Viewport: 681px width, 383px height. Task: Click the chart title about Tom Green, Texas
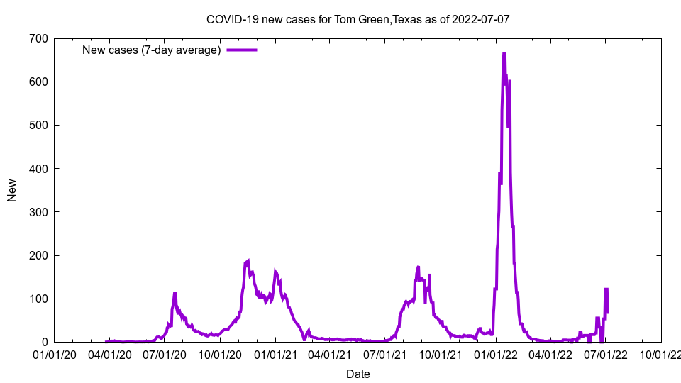(x=358, y=19)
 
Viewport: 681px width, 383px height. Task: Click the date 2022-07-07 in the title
(x=482, y=19)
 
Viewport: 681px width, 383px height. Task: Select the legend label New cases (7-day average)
(x=151, y=50)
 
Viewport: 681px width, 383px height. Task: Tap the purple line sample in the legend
(x=242, y=50)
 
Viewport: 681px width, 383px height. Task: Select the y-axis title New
(x=12, y=190)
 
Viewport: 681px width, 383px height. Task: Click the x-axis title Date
(x=358, y=374)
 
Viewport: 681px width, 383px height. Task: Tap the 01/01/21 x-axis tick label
(x=275, y=354)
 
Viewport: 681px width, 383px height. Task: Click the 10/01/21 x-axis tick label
(x=441, y=354)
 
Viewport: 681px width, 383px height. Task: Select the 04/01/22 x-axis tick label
(x=550, y=354)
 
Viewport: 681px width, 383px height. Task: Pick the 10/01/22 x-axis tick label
(x=660, y=354)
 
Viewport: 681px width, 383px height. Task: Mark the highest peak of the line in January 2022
(x=504, y=54)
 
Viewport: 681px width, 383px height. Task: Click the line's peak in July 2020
(x=175, y=293)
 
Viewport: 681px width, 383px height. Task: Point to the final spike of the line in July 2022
(x=607, y=289)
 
